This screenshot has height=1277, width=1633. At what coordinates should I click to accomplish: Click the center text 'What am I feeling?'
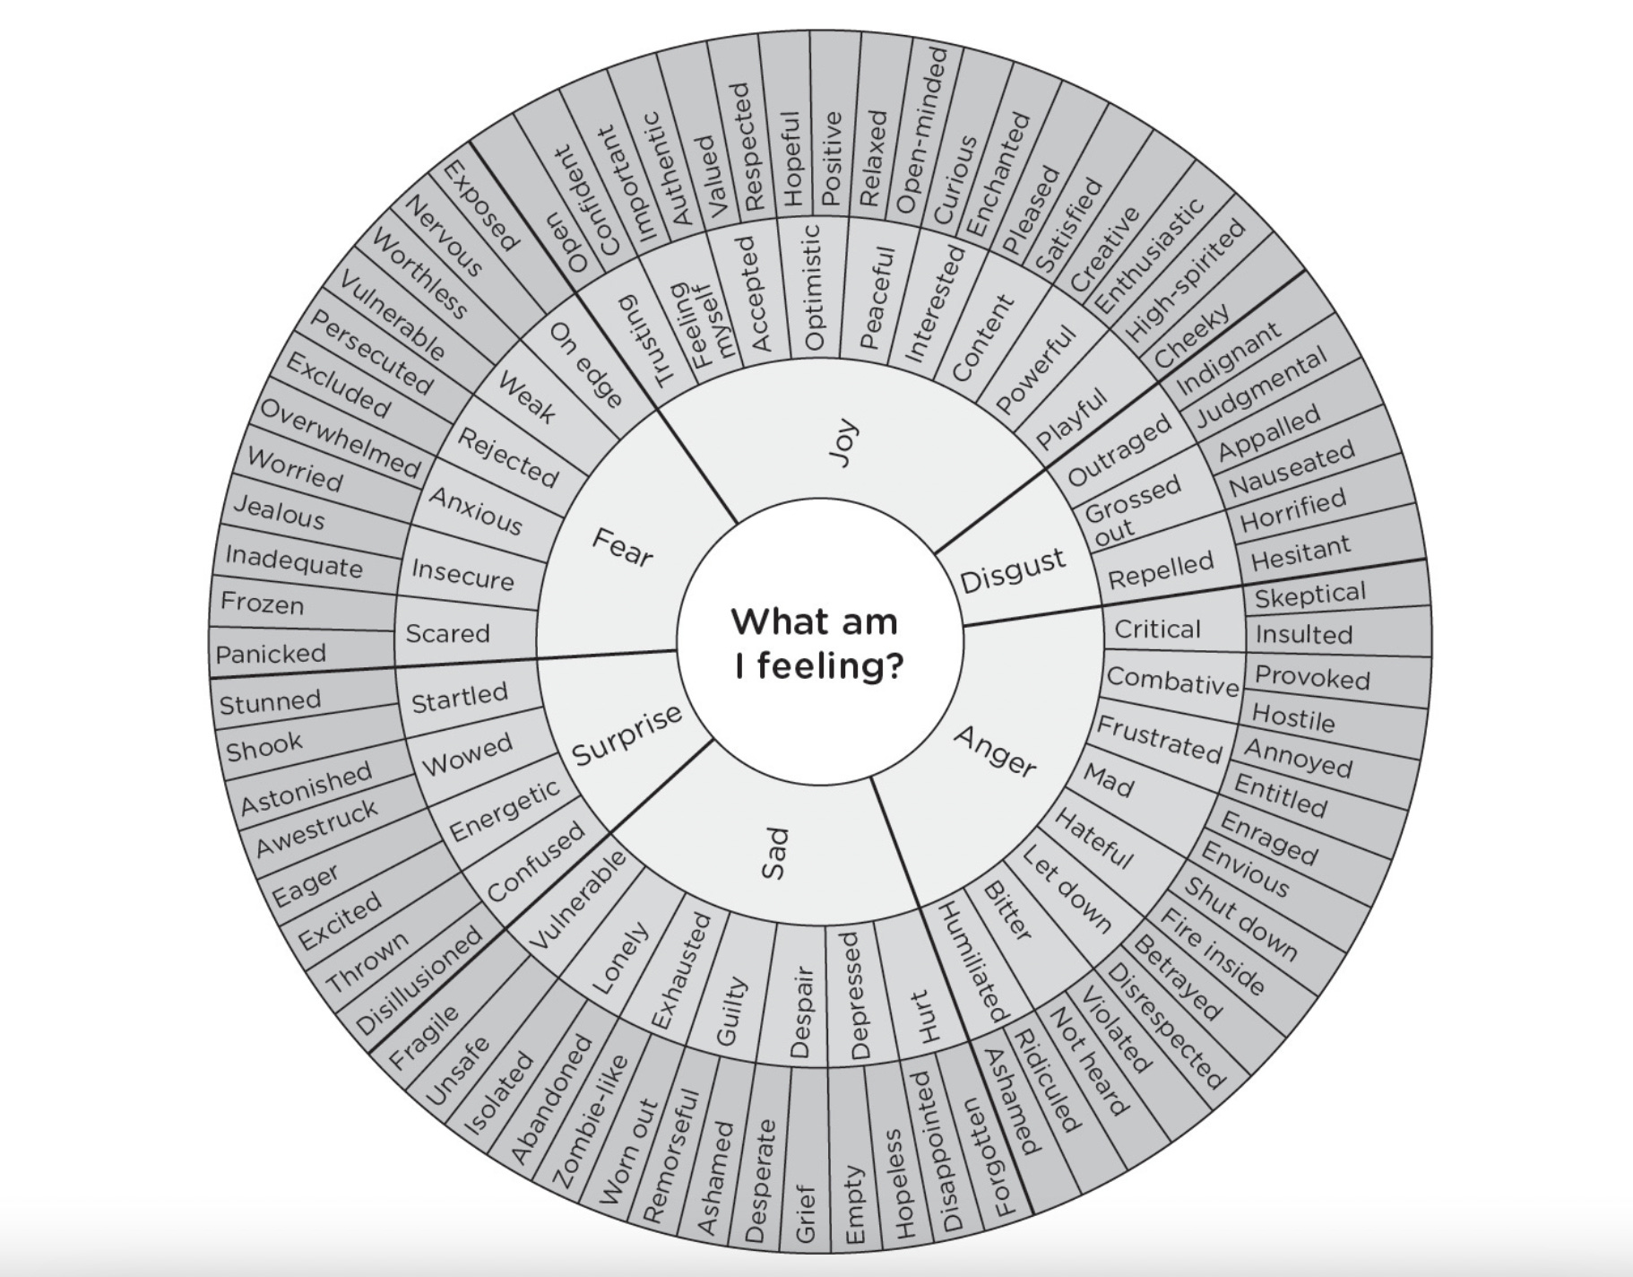click(x=817, y=644)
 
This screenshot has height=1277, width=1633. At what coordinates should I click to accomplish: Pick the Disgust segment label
click(x=1013, y=571)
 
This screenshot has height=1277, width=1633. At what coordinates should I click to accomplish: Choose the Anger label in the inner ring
click(x=995, y=751)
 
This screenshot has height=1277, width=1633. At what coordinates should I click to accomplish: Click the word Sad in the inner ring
click(x=775, y=853)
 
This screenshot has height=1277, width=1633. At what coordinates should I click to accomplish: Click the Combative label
click(x=1172, y=682)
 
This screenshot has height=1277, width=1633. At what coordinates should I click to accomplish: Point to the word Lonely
click(x=620, y=958)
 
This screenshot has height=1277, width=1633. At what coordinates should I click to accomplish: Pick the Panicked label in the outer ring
click(x=271, y=654)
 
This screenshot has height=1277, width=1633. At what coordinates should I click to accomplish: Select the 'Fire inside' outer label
click(x=1213, y=951)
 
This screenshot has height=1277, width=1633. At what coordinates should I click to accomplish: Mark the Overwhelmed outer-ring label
click(x=340, y=439)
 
